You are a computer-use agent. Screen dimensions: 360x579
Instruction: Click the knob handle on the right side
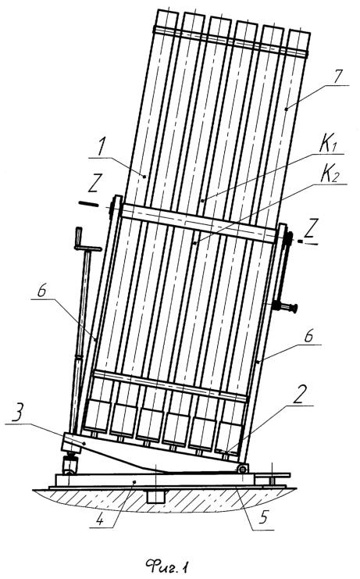click(287, 307)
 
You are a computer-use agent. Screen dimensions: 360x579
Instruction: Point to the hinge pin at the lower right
click(242, 469)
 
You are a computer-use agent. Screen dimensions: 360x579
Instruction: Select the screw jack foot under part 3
click(70, 465)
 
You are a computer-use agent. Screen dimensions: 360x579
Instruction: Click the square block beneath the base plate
click(155, 496)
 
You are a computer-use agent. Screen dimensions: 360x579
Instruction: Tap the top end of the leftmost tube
click(166, 17)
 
